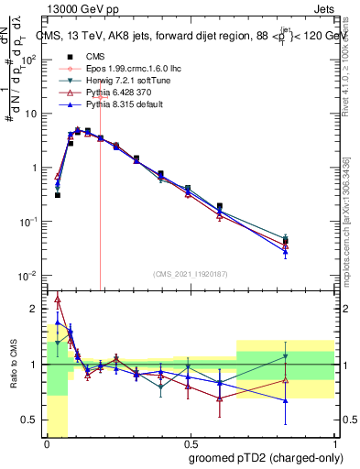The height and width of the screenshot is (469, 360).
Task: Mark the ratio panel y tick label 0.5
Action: [32, 420]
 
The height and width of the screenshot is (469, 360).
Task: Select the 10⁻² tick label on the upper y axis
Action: [30, 275]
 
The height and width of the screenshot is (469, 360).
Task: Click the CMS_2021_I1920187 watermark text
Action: [189, 274]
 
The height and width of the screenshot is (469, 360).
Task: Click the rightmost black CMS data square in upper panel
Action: [286, 242]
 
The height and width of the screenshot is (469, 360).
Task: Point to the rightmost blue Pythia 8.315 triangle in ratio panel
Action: [286, 400]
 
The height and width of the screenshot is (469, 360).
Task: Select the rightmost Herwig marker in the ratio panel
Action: [286, 356]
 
